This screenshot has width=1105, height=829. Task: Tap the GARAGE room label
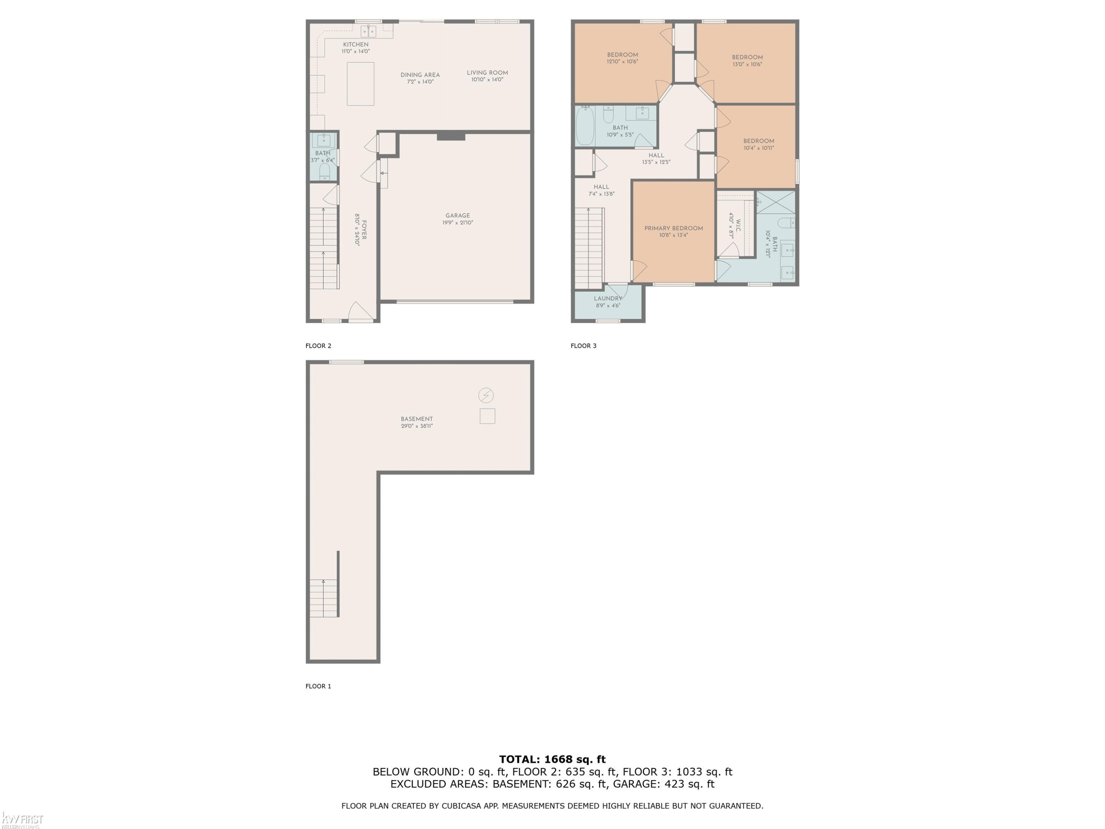[457, 216]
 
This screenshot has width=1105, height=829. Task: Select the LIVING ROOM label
[487, 73]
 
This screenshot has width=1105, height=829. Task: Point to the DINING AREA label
[420, 75]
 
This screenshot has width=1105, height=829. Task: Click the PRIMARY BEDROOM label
[673, 228]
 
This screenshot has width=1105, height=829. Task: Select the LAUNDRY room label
[608, 298]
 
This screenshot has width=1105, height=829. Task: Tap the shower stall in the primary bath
[776, 202]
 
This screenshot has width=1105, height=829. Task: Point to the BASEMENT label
[417, 419]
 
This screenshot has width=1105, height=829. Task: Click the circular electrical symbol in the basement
[486, 395]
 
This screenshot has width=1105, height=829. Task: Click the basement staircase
[324, 598]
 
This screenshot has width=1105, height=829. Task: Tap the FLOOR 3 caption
[583, 346]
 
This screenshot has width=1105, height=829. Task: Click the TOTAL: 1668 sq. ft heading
[552, 759]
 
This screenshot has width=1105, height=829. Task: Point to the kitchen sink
[369, 31]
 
